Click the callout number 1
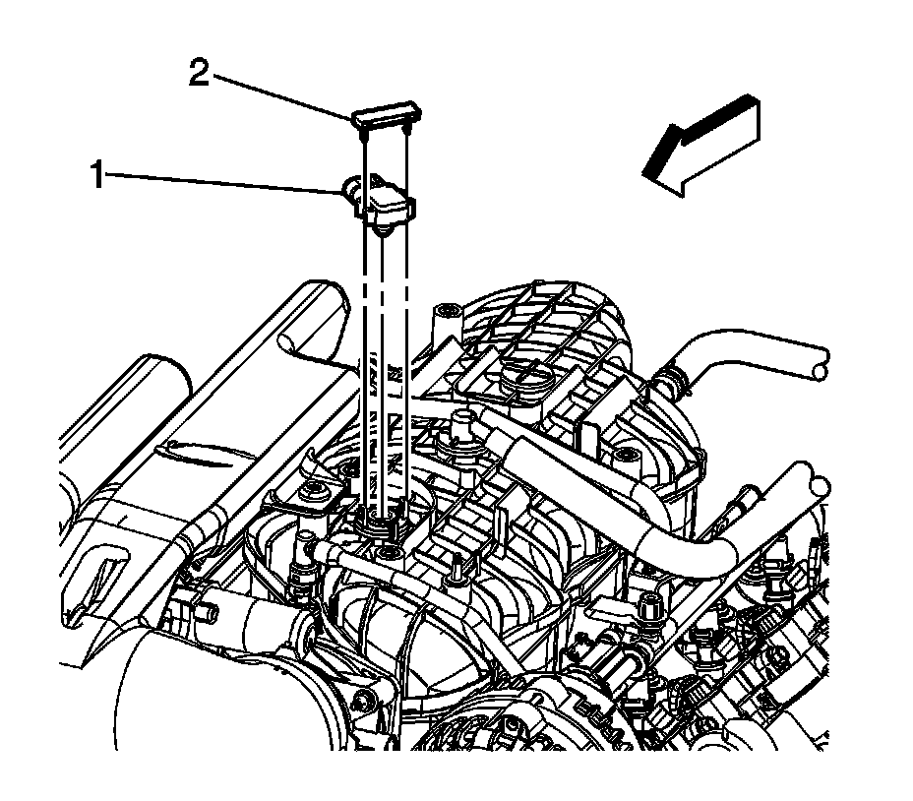[98, 176]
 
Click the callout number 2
[199, 74]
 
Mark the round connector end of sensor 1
[350, 187]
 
